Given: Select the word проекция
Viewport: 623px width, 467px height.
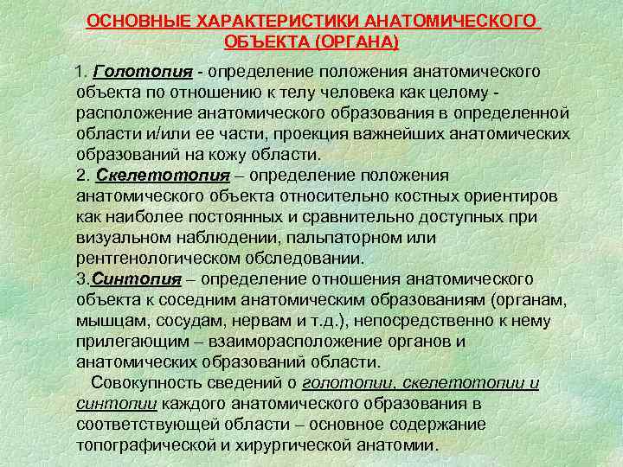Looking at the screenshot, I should (391, 133).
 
